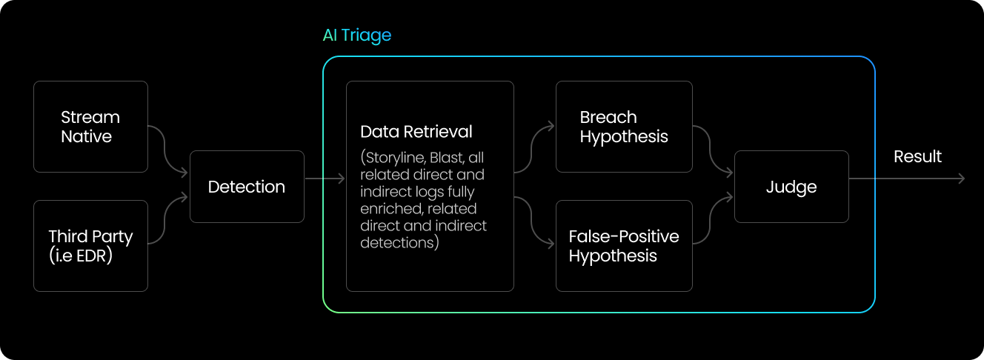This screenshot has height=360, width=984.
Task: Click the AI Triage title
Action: point(356,35)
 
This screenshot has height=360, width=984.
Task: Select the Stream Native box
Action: point(90,127)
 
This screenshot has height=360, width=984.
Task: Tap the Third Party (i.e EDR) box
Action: point(90,246)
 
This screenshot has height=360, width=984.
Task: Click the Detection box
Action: point(247,187)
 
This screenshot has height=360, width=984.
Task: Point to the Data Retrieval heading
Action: point(416,132)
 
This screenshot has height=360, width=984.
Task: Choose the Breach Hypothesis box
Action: point(624,127)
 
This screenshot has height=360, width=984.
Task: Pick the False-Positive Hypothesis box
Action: point(624,246)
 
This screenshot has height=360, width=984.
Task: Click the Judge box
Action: point(791,187)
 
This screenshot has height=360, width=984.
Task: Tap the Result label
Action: point(917,156)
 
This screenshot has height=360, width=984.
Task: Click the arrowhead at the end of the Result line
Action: point(961,179)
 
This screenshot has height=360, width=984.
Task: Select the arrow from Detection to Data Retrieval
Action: point(325,179)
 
